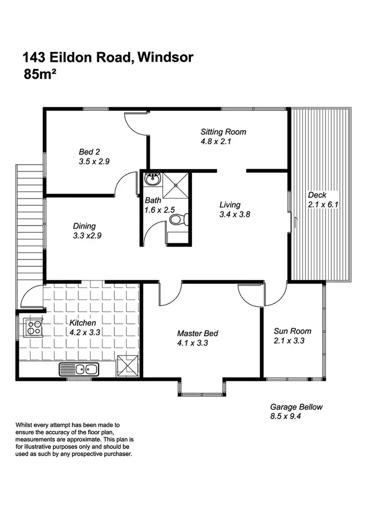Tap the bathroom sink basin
152,180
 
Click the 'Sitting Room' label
223,132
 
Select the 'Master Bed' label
198,333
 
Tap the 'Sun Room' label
292,331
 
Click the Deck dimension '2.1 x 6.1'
323,205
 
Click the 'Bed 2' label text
89,151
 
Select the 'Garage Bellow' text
296,407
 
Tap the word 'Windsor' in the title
165,57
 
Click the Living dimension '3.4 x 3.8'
234,214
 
